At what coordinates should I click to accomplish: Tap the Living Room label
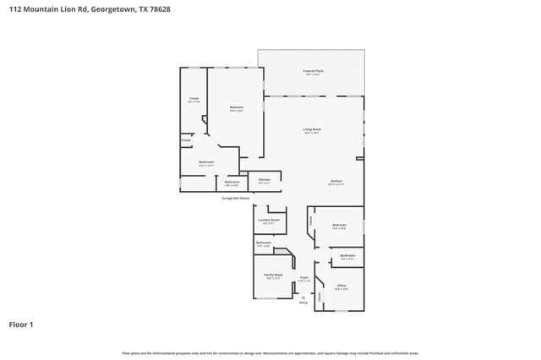[x=312, y=130]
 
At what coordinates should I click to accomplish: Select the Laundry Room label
[x=269, y=221]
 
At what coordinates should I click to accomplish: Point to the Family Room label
[x=272, y=275]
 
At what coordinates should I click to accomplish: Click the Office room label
[x=342, y=286]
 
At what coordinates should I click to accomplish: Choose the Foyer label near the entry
[x=303, y=278]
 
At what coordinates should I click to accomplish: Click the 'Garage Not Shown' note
[x=235, y=199]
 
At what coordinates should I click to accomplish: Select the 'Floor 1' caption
[x=22, y=324]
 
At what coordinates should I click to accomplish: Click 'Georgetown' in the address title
[x=112, y=9]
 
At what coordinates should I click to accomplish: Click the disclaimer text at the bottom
[x=270, y=352]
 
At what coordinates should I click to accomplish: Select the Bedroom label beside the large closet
[x=237, y=107]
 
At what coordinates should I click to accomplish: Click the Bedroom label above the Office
[x=339, y=225]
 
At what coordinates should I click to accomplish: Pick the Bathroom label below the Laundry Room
[x=264, y=243]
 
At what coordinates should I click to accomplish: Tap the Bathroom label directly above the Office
[x=347, y=255]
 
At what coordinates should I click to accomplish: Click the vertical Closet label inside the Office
[x=320, y=297]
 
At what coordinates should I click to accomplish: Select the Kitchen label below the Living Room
[x=336, y=182]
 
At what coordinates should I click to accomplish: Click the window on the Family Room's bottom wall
[x=272, y=298]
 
